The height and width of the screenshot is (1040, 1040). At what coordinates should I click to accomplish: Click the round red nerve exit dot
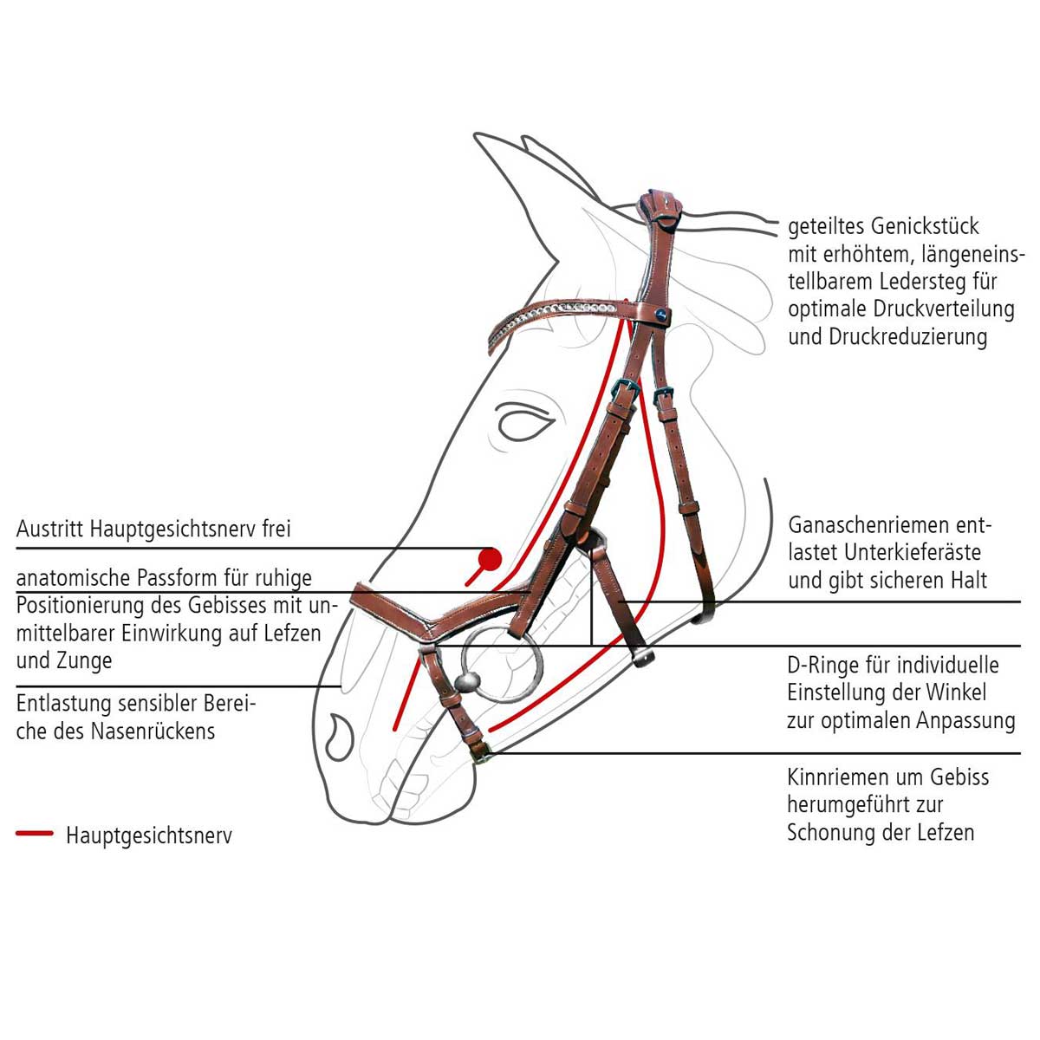(491, 559)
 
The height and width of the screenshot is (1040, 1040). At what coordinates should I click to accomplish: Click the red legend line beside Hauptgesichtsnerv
(35, 834)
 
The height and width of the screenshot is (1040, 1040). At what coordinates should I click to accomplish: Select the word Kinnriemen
(835, 777)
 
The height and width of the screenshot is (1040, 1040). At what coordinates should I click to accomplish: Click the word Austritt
(50, 529)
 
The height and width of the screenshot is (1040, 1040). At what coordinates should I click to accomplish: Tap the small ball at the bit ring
(465, 680)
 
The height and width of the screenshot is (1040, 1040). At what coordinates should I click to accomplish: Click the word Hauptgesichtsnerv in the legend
(149, 835)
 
